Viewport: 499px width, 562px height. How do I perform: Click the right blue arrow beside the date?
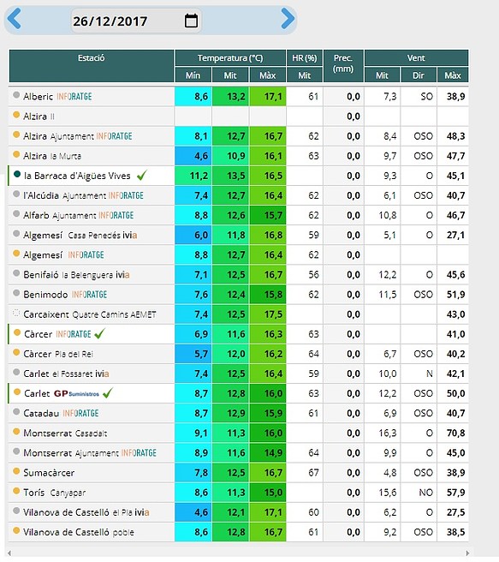click(288, 18)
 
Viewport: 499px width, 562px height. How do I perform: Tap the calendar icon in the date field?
click(191, 21)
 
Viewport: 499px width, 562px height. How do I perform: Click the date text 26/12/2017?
click(110, 21)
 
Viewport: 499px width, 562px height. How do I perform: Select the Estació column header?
click(92, 58)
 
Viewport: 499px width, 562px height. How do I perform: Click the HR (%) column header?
click(304, 58)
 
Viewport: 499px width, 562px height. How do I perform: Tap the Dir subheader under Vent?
click(418, 75)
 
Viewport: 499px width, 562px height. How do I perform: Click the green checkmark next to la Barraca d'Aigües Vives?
click(142, 176)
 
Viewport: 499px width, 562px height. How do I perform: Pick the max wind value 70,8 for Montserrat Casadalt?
click(455, 433)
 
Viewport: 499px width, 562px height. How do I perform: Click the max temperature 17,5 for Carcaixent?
click(273, 314)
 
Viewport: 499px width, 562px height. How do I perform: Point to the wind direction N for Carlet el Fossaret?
click(429, 374)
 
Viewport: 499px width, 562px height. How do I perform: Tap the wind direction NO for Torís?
click(425, 493)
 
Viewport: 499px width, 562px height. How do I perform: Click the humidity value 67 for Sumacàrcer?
click(313, 473)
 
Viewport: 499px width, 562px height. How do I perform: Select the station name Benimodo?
click(45, 295)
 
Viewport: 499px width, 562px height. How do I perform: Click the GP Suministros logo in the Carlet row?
click(76, 393)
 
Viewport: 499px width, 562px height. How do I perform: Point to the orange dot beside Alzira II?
click(16, 115)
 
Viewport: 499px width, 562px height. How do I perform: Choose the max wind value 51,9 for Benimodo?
click(455, 295)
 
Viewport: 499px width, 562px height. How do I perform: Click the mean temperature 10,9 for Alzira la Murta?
click(236, 156)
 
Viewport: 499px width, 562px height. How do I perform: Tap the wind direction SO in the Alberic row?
click(427, 97)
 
